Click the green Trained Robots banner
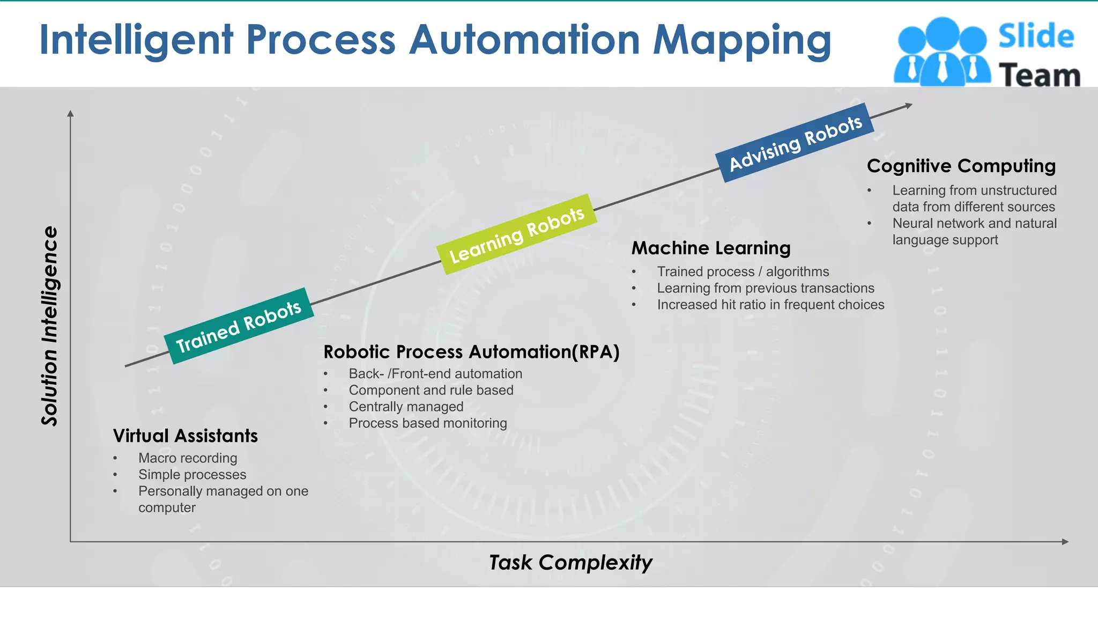[239, 326]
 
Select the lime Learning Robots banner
[516, 234]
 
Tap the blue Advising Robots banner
[795, 143]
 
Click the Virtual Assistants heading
[186, 436]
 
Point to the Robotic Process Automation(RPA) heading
[471, 352]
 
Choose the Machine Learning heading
[711, 248]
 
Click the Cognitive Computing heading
[961, 166]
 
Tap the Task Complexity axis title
[570, 562]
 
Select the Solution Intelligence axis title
[49, 326]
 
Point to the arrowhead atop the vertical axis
[70, 114]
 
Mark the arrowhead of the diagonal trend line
[908, 106]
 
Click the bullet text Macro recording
[188, 458]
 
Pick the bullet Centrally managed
[406, 407]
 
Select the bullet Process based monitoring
[427, 423]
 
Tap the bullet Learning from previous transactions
[765, 288]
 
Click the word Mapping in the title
[742, 40]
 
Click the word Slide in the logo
[1036, 36]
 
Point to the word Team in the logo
[1039, 75]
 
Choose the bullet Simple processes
[192, 475]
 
